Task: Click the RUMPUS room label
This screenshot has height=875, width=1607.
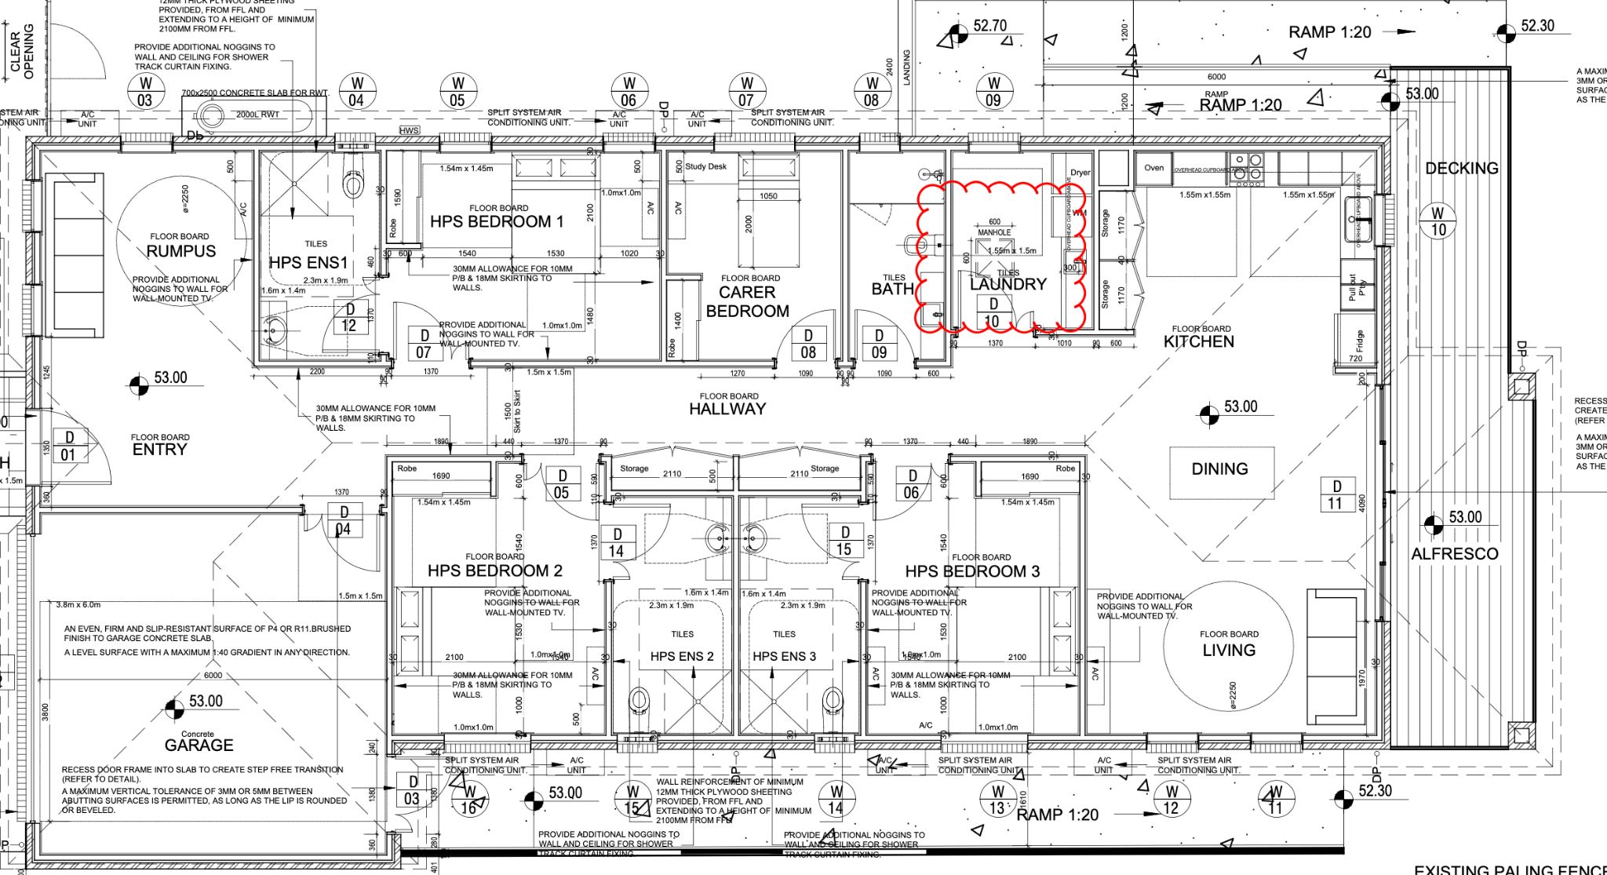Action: [180, 251]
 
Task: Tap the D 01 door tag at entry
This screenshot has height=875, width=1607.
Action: [69, 446]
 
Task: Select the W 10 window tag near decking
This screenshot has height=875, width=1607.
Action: [1438, 221]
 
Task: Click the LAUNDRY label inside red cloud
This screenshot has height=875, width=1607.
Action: [1008, 284]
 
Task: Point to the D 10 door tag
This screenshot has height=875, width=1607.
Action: [993, 312]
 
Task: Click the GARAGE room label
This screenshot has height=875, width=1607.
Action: [199, 745]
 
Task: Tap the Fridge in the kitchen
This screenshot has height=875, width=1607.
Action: [1358, 340]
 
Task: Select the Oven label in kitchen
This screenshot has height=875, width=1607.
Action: [1153, 168]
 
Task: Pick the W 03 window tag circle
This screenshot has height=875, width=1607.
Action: [145, 91]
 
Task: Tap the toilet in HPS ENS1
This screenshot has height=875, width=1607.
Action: [353, 184]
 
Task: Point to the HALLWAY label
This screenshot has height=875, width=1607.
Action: [727, 408]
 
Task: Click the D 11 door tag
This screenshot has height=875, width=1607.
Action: [1336, 494]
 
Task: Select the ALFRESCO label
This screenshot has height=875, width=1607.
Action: [1454, 553]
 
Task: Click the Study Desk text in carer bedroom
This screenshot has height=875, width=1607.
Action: [705, 166]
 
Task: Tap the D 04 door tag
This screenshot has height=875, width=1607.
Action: [343, 520]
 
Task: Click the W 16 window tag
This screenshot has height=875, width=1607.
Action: [468, 799]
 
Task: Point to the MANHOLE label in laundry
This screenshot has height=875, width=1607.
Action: [994, 232]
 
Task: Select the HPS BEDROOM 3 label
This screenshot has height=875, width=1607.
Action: [972, 571]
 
